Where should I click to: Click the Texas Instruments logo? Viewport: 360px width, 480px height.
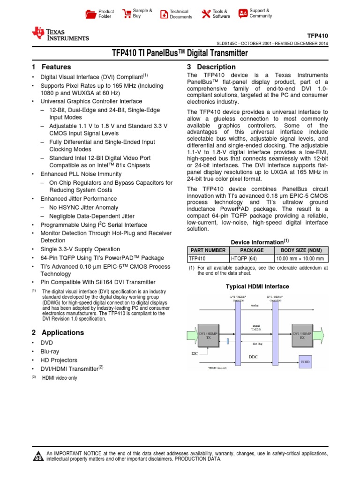point(60,34)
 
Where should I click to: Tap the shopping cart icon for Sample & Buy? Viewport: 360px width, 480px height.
point(127,13)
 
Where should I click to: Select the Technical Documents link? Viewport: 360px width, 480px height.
point(180,14)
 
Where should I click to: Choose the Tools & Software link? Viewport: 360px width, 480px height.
point(221,14)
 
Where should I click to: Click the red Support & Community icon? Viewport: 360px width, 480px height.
point(243,13)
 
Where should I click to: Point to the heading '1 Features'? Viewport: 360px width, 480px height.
point(52,67)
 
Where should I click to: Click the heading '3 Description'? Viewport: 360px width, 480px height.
point(211,67)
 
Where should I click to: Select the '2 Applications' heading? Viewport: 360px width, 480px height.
point(58,332)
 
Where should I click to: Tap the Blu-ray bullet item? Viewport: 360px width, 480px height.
point(50,351)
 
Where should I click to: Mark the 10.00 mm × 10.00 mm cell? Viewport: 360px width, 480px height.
point(300,258)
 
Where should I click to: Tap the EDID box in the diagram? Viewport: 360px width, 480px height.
point(305,362)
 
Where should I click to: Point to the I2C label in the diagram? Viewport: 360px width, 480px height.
point(195,353)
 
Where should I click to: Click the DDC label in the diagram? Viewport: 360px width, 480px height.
point(253,357)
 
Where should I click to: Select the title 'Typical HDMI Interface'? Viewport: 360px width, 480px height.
point(257,286)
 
